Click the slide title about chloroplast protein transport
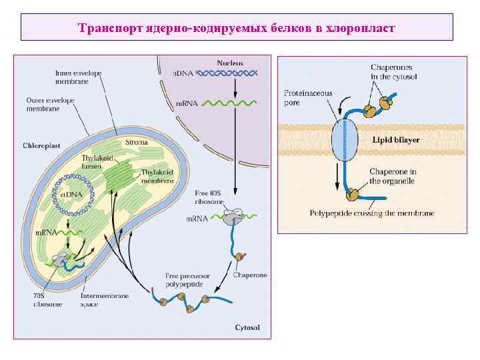(237, 28)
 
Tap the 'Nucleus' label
(230, 63)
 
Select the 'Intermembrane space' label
(99, 300)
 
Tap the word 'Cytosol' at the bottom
(247, 327)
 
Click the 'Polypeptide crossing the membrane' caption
(372, 213)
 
